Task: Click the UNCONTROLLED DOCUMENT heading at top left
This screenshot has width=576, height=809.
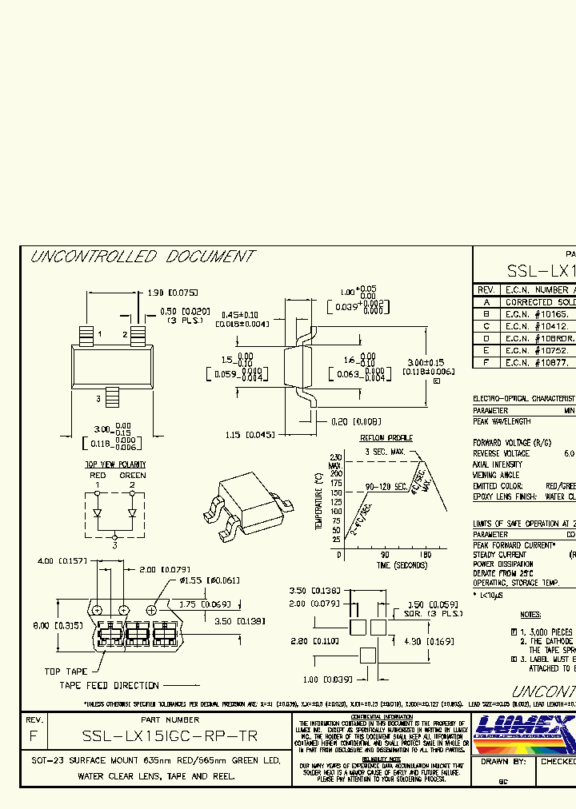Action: pos(142,257)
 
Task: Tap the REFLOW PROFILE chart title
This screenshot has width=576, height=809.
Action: pos(386,438)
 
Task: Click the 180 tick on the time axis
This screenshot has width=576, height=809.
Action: pos(426,554)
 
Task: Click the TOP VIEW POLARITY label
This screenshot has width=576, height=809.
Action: pos(115,464)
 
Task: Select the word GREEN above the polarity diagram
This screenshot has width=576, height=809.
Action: pos(133,475)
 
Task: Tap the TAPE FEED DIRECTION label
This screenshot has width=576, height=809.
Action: pos(109,685)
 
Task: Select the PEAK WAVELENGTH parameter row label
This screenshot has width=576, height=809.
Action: pos(502,421)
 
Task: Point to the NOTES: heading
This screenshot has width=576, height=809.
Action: pos(530,615)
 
